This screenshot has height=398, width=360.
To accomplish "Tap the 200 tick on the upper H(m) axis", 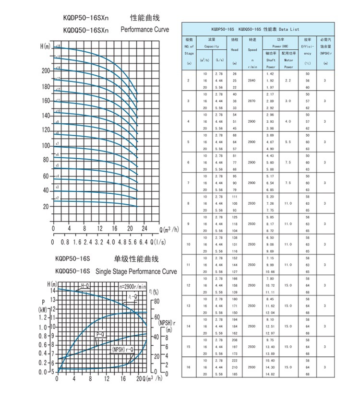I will pos(46,70).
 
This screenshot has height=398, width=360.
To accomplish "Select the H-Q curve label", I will pos(85,286).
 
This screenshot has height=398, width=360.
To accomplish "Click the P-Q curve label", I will pos(100,333).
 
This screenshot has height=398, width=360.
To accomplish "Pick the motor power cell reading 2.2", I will pos(288,81).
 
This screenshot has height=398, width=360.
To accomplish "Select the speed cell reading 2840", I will pos(252,81).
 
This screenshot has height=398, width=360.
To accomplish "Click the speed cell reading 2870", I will pos(252,101).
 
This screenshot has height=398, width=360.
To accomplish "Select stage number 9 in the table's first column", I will pos(188,224).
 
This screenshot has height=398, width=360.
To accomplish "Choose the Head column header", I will pos(235,49).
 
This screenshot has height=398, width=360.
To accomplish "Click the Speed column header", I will pos(252,49).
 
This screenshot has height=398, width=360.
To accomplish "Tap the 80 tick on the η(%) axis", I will pos(156,301).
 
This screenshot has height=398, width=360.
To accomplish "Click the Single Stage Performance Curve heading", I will pos(136,271).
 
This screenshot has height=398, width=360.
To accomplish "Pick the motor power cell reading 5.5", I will pos(288,142).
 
